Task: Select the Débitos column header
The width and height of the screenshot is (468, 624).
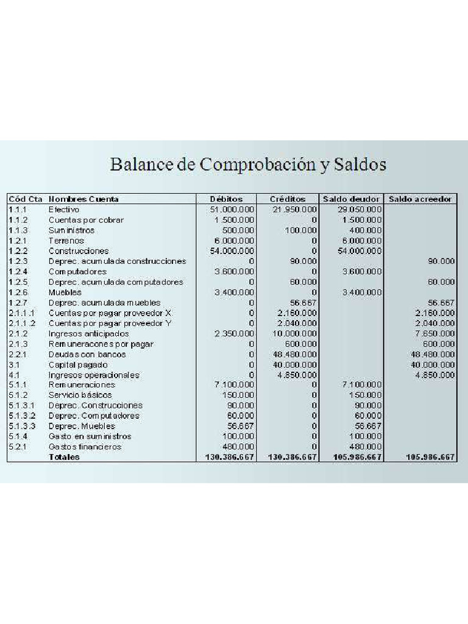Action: (x=226, y=199)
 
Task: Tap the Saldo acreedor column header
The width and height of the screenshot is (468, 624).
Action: (x=420, y=199)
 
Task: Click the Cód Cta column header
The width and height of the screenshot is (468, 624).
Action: (x=25, y=199)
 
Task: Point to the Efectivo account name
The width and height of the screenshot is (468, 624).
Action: (x=64, y=210)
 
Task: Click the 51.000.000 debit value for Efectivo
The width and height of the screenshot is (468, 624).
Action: (x=232, y=210)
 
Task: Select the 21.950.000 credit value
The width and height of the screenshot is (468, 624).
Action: (x=295, y=210)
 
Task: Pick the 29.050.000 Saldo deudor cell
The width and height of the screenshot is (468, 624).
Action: (x=360, y=210)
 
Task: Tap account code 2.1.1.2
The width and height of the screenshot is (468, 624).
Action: (x=22, y=323)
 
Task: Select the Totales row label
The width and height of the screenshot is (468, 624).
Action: (x=64, y=457)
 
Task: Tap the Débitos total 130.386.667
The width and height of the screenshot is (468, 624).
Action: (x=226, y=457)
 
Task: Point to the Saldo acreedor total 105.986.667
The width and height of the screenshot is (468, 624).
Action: (x=430, y=457)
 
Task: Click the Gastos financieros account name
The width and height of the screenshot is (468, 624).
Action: (x=85, y=447)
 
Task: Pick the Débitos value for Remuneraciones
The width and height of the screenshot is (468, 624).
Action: (x=235, y=385)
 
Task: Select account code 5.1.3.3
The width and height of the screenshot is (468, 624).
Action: (x=22, y=426)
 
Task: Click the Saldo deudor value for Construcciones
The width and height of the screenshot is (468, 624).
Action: (x=359, y=251)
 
